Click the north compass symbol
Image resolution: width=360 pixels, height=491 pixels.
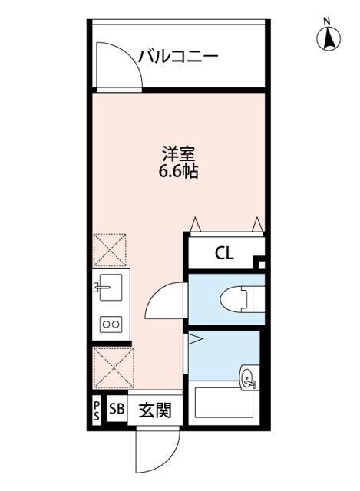(327, 38)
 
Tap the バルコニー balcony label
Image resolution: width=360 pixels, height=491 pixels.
(178, 56)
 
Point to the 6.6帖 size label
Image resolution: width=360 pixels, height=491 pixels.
(178, 172)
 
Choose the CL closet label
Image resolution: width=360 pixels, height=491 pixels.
(223, 252)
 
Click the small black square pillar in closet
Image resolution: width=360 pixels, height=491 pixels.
(259, 265)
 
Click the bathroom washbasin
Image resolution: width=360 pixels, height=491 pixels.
(248, 377)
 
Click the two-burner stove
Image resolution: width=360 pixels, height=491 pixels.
(111, 325)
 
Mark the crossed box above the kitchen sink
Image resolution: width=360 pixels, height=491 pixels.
(111, 250)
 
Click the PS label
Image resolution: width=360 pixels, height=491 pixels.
(97, 409)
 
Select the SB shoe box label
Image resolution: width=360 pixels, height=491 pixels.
(116, 409)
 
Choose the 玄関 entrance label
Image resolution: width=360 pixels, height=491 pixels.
(150, 410)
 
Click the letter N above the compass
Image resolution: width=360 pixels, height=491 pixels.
(327, 20)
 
